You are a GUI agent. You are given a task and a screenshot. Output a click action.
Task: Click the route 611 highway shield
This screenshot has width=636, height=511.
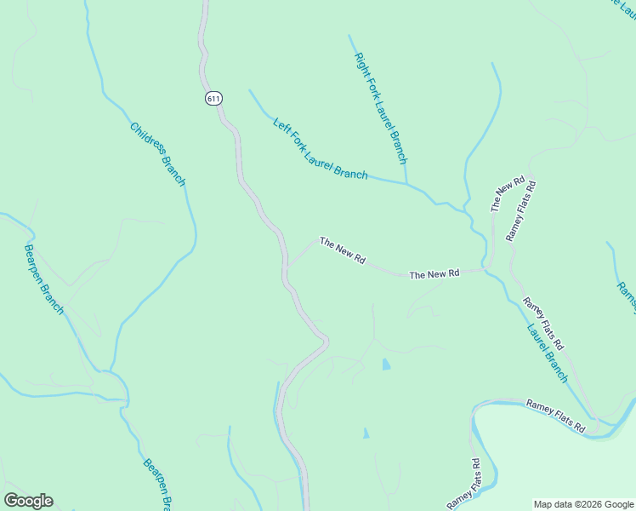pos(213,99)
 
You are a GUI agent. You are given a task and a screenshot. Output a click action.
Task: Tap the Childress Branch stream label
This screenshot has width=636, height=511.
pos(157,154)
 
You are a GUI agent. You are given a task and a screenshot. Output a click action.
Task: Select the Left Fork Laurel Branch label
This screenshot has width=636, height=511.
pos(320,150)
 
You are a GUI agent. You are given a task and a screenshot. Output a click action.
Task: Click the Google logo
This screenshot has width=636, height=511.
pos(28,501)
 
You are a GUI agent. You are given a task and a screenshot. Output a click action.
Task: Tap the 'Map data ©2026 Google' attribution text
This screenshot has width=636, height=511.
pos(583,504)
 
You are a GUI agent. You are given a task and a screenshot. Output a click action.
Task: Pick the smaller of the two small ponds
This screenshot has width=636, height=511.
pos(366,433)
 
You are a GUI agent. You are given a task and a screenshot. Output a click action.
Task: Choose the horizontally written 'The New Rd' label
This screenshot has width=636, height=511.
pos(434,274)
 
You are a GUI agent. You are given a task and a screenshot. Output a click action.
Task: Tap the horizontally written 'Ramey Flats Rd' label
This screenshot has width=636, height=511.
pos(556,415)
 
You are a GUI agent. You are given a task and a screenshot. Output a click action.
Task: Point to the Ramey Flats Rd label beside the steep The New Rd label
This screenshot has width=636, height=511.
pos(521,210)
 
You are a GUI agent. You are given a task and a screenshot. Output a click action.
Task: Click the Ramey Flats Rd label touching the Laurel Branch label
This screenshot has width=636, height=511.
pos(542,324)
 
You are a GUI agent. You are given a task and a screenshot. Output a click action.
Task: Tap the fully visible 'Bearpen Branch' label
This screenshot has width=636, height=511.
pos(44,279)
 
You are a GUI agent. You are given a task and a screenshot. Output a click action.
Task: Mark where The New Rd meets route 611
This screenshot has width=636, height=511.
pos(286,267)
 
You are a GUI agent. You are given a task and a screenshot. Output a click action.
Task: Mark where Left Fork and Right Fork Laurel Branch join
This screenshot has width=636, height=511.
pos(406,183)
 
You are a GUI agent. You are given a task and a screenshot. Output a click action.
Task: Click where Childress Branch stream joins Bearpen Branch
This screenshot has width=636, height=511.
pos(111,372)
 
